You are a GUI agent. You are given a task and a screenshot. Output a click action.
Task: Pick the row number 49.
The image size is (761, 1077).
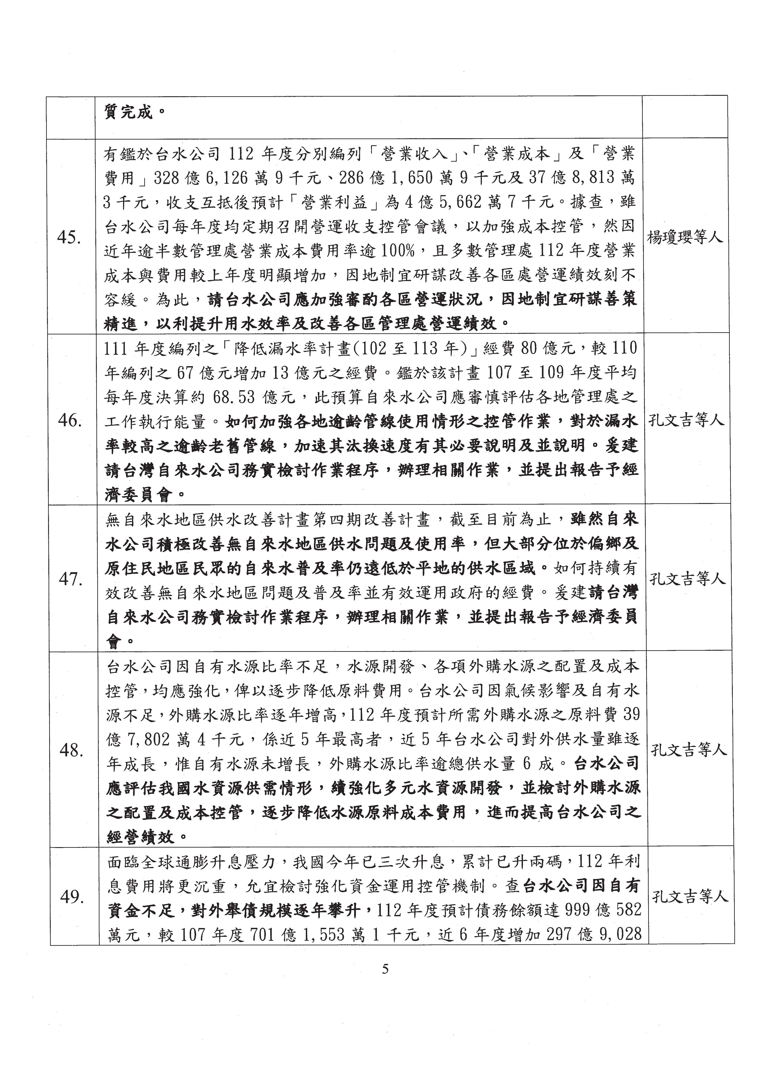[x=73, y=898]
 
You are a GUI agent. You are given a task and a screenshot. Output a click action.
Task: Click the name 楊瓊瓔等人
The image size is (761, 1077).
[x=684, y=238]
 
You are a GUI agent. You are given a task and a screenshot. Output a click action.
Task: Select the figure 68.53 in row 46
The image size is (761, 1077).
[x=233, y=398]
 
